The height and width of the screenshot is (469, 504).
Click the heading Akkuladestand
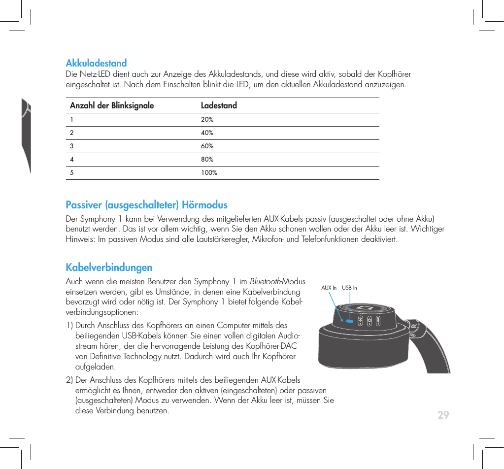96,63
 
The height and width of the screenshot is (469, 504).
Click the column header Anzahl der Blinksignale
112,105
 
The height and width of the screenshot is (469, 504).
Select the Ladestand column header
219,105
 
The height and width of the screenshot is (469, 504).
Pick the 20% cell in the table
207,120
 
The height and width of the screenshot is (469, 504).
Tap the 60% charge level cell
207,146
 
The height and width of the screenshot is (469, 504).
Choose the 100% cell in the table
209,173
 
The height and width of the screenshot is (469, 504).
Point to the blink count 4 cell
72,160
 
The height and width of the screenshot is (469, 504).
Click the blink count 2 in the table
72,133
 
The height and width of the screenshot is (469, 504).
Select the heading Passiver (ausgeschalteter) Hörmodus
146,205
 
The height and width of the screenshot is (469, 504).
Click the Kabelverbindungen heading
109,268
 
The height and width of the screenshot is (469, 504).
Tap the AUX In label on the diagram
329,288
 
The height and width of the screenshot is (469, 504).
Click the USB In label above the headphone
349,288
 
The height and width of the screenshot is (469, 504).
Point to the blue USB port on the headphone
350,320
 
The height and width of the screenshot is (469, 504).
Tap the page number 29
443,415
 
